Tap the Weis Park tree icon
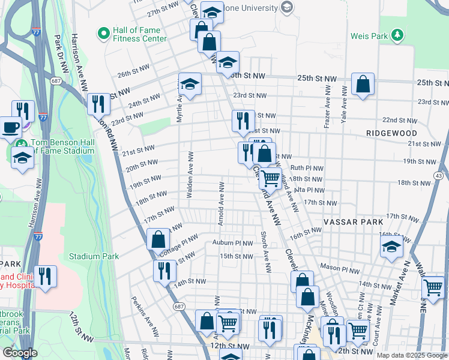(396, 36)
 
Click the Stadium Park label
(94, 256)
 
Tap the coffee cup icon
(11, 127)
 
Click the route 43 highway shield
(439, 175)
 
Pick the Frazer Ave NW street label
(327, 106)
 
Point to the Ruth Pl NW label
(307, 169)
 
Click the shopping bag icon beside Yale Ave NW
(363, 85)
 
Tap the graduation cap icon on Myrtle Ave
(190, 84)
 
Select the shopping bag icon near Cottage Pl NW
(158, 239)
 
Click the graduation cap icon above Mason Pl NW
(391, 246)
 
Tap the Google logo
(20, 353)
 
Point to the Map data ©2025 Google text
(412, 355)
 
